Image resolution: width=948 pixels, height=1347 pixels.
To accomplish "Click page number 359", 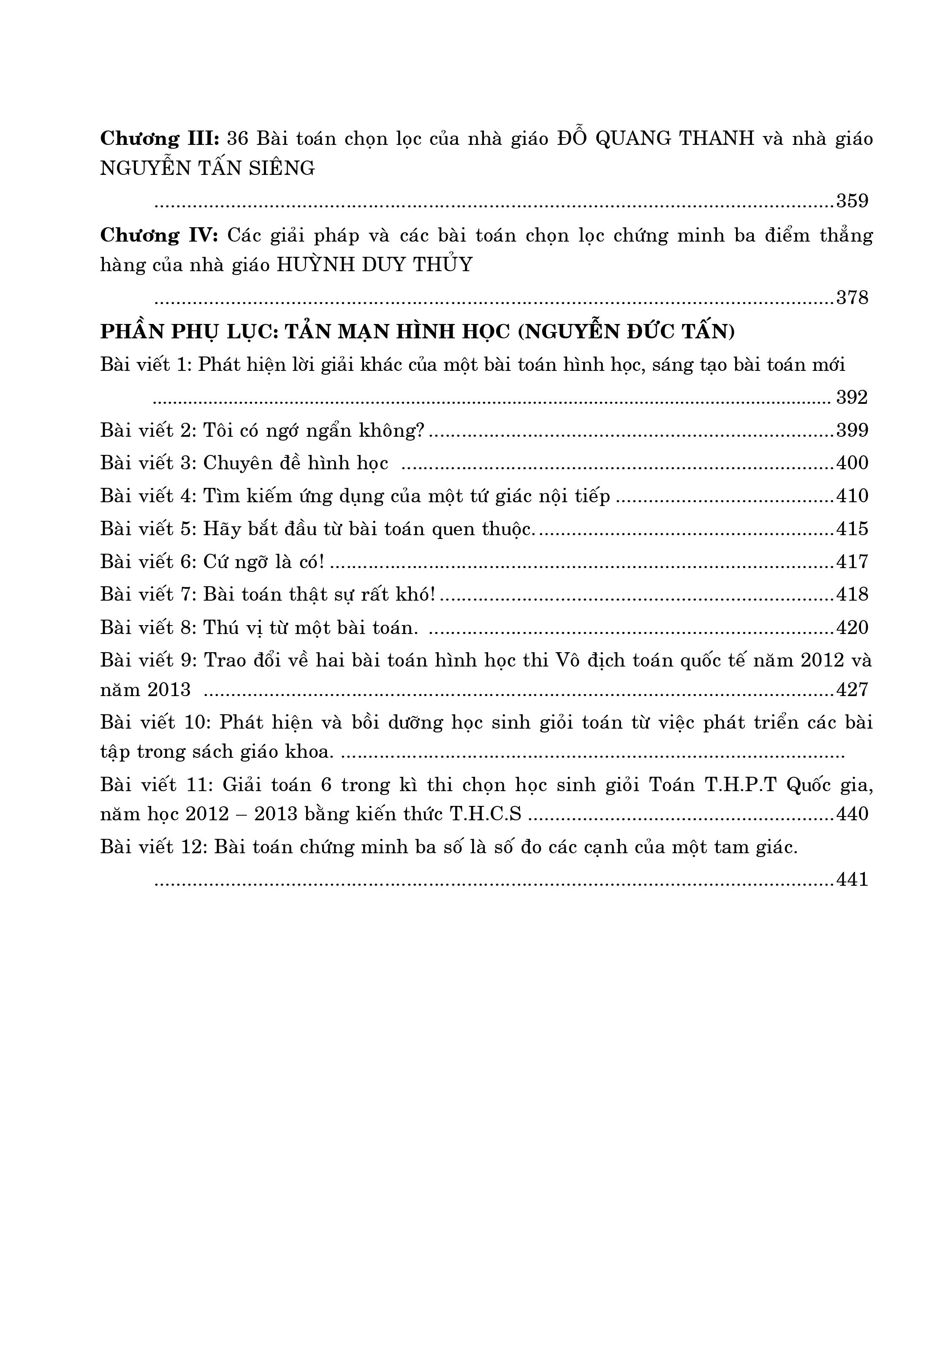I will (x=852, y=201).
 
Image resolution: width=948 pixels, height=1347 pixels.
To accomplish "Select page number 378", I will (x=852, y=298).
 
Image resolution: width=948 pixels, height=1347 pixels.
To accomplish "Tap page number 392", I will (x=852, y=398).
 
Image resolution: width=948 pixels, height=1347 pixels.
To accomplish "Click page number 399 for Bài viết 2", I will (x=852, y=430).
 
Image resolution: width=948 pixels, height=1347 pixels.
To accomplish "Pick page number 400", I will (x=852, y=463).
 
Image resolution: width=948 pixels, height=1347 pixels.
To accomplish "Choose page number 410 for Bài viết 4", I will (x=852, y=496).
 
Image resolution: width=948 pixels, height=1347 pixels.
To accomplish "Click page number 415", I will (x=852, y=529).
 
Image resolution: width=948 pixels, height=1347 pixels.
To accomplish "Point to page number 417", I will (x=852, y=562).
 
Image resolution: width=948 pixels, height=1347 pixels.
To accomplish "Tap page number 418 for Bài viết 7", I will (x=852, y=595).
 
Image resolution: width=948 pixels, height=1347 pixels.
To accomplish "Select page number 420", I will (x=852, y=628).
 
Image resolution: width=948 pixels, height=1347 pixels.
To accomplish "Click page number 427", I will (x=852, y=689).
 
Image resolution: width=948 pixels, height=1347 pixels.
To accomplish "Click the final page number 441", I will (x=852, y=880).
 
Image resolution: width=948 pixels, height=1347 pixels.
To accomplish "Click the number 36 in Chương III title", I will (x=238, y=139).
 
